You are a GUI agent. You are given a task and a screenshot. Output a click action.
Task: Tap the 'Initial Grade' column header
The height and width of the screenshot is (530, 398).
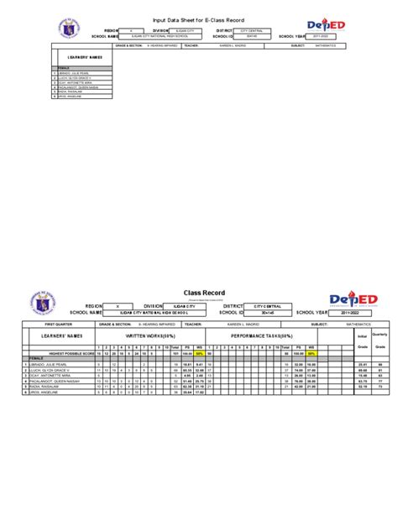point(363,341)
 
